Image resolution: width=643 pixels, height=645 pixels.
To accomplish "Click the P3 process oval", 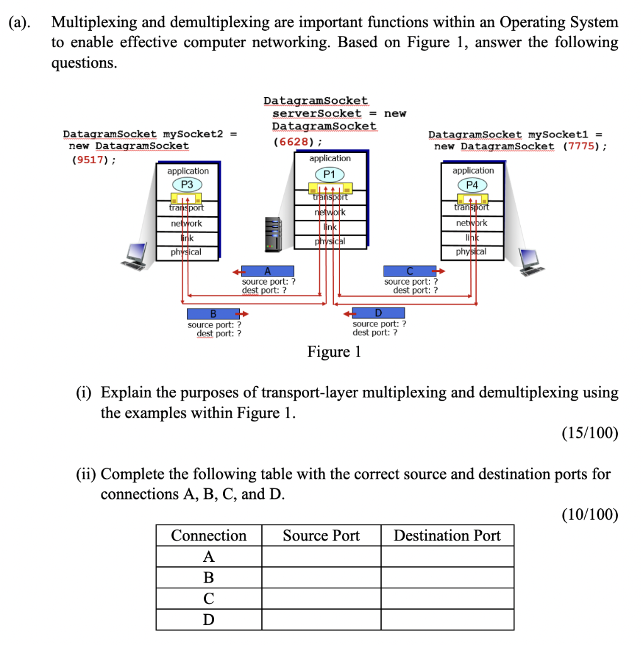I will pos(187,185).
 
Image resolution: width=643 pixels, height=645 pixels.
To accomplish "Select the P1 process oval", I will pos(329,173).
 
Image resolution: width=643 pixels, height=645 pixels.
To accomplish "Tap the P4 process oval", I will pos(472,185).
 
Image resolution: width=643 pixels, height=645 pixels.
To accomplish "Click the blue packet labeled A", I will pos(268,271).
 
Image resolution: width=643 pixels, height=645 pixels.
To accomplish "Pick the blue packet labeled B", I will pos(213,314).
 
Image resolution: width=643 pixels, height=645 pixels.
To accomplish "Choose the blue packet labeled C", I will pos(409,271).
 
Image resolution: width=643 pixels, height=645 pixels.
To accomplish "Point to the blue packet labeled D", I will pos(378,313).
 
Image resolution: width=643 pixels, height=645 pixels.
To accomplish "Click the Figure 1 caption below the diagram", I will pos(334,351).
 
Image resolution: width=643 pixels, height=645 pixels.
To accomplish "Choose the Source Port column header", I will pos(321,535).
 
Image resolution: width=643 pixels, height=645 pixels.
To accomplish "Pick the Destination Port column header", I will pos(447,535).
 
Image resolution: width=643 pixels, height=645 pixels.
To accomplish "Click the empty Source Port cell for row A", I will pos(321,557).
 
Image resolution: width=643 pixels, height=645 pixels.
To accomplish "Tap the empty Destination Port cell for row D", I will pos(447,620).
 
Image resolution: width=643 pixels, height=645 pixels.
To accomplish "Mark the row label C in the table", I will pos(208,598).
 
